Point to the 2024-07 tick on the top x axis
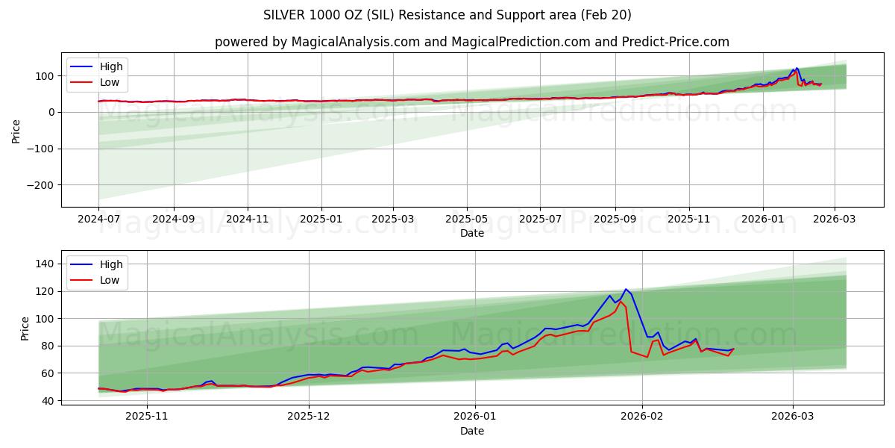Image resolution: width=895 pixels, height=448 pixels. point(98,218)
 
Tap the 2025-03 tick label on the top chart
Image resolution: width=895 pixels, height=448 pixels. point(393,218)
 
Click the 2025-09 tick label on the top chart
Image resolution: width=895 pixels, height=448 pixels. point(615,218)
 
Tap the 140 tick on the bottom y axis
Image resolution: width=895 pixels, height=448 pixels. point(45,264)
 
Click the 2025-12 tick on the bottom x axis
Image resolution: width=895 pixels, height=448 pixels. point(309,416)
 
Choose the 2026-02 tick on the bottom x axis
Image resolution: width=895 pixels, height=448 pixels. point(642,416)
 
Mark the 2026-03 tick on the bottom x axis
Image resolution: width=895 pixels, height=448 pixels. point(793,416)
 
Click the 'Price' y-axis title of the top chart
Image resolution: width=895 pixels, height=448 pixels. point(16,130)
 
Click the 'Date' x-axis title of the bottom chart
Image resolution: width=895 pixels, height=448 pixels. point(471,431)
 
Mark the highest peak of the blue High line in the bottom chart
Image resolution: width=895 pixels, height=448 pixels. point(626,289)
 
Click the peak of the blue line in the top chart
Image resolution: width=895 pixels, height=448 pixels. point(797,68)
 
